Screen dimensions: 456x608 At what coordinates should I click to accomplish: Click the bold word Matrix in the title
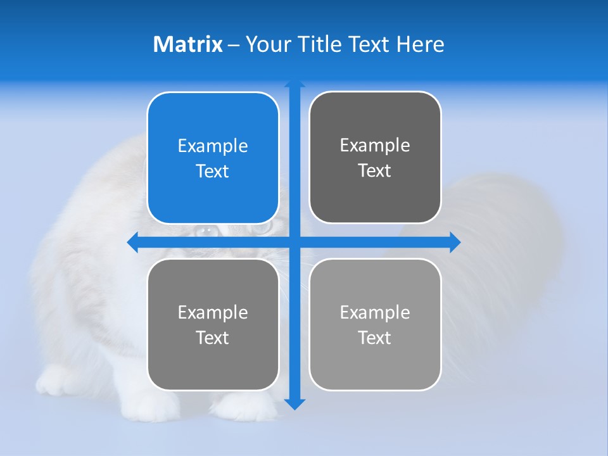(187, 44)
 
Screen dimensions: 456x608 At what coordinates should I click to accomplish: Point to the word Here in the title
(421, 44)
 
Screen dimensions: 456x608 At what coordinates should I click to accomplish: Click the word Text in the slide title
(370, 44)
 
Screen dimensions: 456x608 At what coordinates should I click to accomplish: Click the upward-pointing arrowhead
(294, 85)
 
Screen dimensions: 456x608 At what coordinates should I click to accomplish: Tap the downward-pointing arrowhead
(294, 403)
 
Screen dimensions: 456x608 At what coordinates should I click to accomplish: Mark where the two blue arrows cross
(294, 243)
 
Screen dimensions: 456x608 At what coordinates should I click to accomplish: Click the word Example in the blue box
(213, 146)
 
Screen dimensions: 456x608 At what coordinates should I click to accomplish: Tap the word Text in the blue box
(213, 171)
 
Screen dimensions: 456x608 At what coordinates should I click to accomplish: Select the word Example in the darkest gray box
(375, 145)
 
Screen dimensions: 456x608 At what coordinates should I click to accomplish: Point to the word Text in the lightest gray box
(375, 338)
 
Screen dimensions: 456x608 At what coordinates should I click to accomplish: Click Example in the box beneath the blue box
(213, 312)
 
